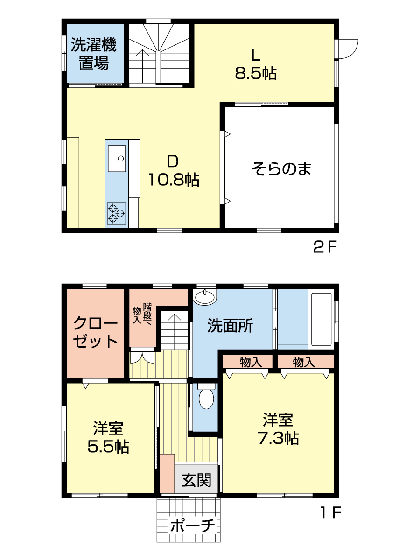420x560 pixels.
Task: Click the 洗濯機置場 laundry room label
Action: (94, 54)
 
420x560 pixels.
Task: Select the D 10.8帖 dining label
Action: (174, 171)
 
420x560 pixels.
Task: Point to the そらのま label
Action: (281, 168)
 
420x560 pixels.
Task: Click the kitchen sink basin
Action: (117, 158)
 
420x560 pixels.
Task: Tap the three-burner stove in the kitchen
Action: (116, 213)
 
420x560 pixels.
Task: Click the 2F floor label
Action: (325, 247)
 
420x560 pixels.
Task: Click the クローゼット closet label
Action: (95, 332)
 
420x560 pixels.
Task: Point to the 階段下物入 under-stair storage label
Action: (142, 315)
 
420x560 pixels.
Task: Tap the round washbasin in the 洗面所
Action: (204, 296)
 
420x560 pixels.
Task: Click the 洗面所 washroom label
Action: (230, 326)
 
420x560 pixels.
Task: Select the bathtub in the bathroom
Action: (322, 319)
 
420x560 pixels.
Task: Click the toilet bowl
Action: (206, 398)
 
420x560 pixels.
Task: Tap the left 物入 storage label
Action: (251, 362)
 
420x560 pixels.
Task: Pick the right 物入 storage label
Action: (304, 362)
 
